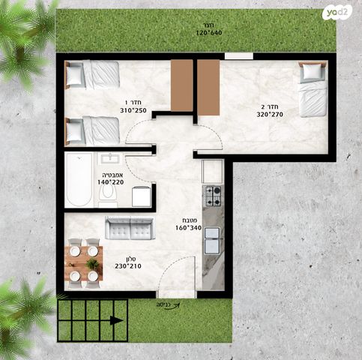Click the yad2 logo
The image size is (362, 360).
pyautogui.click(x=339, y=12)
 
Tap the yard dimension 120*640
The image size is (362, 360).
pyautogui.click(x=209, y=33)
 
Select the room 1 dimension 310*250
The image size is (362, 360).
pyautogui.click(x=133, y=110)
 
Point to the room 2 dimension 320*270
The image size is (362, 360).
pyautogui.click(x=270, y=115)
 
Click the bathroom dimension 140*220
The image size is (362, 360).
pyautogui.click(x=110, y=182)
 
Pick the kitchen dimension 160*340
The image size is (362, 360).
pyautogui.click(x=188, y=228)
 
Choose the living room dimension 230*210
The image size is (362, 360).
pyautogui.click(x=128, y=266)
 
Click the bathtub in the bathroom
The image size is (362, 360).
pyautogui.click(x=79, y=179)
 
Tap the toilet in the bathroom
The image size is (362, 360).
pyautogui.click(x=108, y=194)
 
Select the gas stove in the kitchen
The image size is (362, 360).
pyautogui.click(x=213, y=196)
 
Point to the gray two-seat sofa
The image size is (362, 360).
pyautogui.click(x=129, y=228)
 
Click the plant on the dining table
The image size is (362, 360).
pyautogui.click(x=92, y=264)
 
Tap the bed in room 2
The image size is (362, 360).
pyautogui.click(x=313, y=89)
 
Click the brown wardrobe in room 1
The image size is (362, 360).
pyautogui.click(x=182, y=85)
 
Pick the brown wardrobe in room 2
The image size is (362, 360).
pyautogui.click(x=208, y=87)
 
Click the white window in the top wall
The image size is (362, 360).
pyautogui.click(x=239, y=56)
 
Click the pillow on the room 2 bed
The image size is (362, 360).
pyautogui.click(x=312, y=71)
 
